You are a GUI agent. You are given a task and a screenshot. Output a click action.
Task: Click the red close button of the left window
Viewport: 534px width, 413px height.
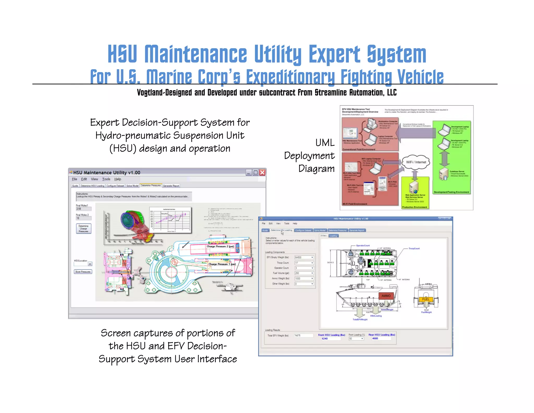[262, 172]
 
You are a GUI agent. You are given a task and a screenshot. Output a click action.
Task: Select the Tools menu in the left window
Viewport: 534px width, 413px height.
[106, 179]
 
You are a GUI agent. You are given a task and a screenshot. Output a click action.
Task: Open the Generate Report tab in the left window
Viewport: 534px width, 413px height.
[171, 186]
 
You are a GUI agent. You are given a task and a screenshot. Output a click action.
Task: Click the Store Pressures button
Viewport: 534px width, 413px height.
[83, 272]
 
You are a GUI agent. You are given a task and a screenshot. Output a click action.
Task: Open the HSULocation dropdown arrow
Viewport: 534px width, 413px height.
[90, 264]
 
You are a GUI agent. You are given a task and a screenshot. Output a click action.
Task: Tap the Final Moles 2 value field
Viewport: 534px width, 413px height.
[83, 218]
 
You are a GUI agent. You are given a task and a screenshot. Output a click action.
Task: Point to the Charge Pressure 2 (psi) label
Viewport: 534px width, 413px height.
[220, 246]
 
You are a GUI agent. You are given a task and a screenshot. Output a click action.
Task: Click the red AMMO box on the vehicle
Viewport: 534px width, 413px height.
[386, 296]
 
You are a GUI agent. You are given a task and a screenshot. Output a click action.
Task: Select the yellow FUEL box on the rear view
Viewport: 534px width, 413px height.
[426, 299]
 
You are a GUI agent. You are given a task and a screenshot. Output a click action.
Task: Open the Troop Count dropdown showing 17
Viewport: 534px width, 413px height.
[312, 263]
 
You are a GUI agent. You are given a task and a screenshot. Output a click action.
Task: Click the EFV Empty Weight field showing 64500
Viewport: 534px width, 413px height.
[302, 257]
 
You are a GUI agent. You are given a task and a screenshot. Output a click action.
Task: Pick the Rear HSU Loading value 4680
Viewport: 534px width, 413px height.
[375, 338]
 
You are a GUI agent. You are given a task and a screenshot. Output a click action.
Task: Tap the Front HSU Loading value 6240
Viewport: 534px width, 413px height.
[325, 339]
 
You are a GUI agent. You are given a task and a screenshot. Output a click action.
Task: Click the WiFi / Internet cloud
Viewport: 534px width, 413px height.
[416, 162]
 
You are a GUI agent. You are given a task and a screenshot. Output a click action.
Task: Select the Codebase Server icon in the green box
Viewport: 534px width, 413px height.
[443, 174]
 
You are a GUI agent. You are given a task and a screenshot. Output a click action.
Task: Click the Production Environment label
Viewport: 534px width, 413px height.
[415, 207]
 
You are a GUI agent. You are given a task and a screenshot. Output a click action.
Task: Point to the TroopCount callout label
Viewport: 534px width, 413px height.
[414, 249]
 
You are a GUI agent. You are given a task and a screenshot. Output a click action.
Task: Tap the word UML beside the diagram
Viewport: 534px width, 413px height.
[325, 143]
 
